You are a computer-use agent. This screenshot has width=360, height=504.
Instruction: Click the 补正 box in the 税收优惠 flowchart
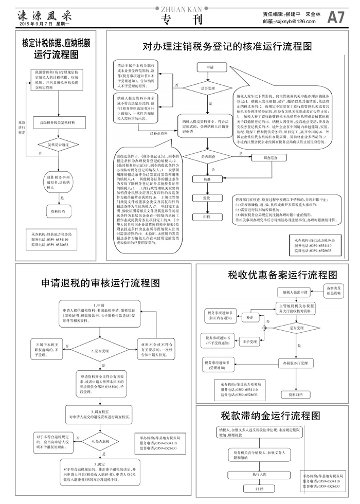(250, 318)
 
